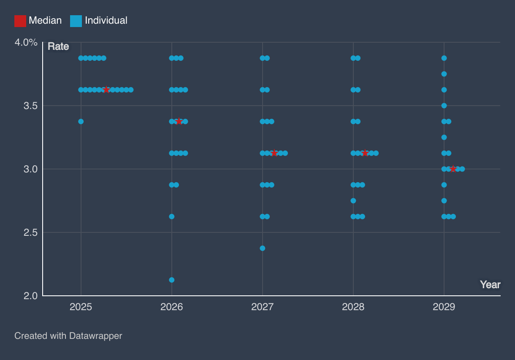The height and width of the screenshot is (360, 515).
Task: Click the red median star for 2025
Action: (x=106, y=90)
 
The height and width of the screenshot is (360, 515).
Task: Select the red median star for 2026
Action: (x=179, y=121)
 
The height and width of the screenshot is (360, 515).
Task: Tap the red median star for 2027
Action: (x=274, y=153)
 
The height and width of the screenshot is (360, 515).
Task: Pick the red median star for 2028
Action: (x=365, y=153)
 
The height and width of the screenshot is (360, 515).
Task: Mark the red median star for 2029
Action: (x=453, y=169)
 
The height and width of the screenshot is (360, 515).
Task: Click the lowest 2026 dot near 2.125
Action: (x=172, y=280)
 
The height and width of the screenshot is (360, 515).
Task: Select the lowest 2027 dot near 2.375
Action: (x=263, y=248)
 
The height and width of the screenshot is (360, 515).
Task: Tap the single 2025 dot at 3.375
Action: (x=81, y=121)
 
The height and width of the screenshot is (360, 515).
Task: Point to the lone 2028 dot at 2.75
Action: (x=353, y=201)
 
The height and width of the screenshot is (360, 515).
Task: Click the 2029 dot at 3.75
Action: (x=444, y=74)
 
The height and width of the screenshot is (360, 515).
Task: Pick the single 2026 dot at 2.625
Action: (x=172, y=216)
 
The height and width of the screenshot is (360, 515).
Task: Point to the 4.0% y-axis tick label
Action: (x=26, y=43)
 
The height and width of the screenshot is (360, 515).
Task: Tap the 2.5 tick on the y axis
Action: (x=30, y=232)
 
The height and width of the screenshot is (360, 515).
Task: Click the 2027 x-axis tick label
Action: (x=263, y=307)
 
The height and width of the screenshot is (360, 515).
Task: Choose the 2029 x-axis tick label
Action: (x=444, y=307)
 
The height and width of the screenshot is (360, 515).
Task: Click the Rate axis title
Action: (x=58, y=46)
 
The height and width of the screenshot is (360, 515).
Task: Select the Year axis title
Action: (x=490, y=285)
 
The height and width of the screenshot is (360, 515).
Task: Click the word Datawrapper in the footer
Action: (x=95, y=336)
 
